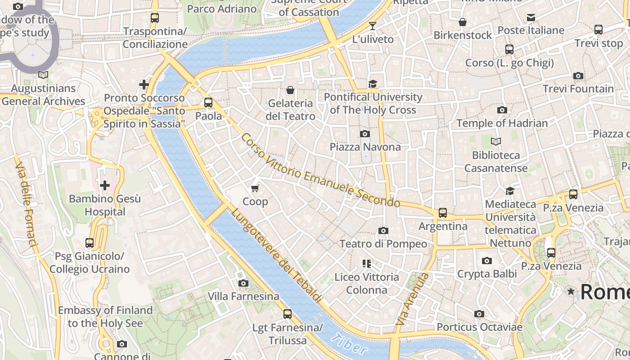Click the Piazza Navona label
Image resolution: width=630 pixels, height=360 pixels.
[365, 147]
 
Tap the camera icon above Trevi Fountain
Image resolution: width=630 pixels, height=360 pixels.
[578, 76]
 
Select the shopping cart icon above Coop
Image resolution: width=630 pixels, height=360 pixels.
[255, 188]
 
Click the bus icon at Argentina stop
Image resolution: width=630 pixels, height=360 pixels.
[443, 213]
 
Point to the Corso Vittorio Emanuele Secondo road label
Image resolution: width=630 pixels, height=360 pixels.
[320, 171]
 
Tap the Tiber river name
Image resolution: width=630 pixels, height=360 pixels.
[349, 344]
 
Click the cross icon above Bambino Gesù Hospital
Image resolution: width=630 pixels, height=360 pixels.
[105, 185]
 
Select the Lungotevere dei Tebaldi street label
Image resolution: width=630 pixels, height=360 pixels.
[277, 255]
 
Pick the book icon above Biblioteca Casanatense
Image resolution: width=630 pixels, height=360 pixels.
[495, 142]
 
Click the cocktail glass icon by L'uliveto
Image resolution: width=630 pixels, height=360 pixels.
[373, 26]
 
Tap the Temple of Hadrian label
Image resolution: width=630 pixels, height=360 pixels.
[502, 123]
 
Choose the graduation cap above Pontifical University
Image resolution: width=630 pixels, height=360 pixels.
[373, 84]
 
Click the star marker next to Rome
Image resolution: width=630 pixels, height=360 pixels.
[571, 292]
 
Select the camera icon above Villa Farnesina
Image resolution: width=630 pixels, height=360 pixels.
[243, 283]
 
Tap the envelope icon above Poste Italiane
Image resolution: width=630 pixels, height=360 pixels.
[531, 18]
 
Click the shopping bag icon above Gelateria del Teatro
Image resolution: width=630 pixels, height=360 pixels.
[290, 90]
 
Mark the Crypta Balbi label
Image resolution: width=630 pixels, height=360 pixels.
[487, 274]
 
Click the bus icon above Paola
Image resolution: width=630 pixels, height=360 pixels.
[208, 103]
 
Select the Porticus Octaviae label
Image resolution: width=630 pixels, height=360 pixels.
[479, 327]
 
